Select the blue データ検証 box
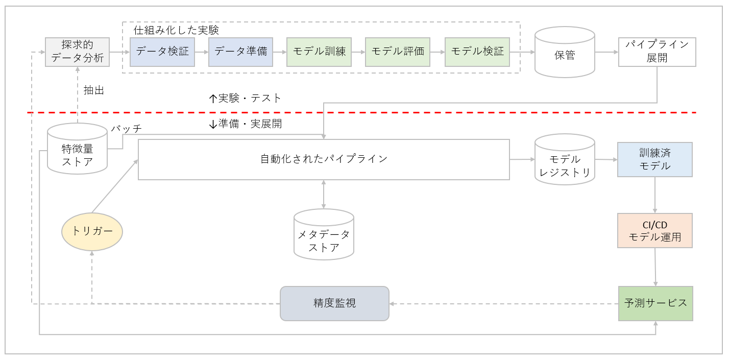pos(162,52)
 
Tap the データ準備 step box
pos(240,52)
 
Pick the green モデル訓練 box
pos(319,52)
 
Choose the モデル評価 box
pos(398,52)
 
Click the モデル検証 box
pos(477,52)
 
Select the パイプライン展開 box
pos(657,52)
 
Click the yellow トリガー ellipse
pos(92,231)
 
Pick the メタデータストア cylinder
pos(324,235)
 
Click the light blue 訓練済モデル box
pos(655,159)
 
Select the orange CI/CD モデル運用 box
pos(655,231)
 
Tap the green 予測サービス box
pos(655,303)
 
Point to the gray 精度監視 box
pos(334,303)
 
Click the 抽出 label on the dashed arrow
pos(94,90)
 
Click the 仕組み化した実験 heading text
pos(176,30)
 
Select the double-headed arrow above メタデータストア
pos(324,194)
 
